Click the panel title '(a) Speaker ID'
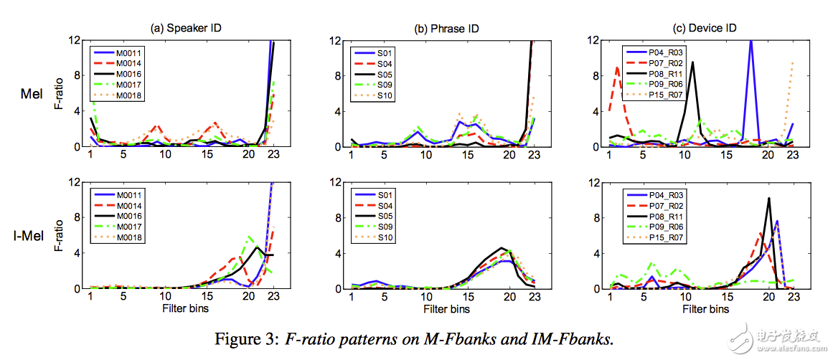[x=187, y=29]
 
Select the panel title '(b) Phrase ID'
[x=446, y=29]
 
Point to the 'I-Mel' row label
[x=34, y=236]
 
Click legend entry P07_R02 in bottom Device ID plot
[x=661, y=205]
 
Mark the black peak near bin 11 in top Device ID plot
[x=692, y=62]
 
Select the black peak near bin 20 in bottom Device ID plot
[x=768, y=199]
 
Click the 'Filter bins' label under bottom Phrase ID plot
[x=446, y=308]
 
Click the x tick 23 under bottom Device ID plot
[x=791, y=296]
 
